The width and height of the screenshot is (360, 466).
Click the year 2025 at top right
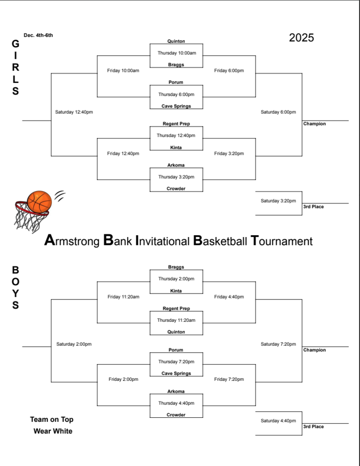click(x=301, y=38)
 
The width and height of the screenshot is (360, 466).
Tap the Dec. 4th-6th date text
click(x=38, y=35)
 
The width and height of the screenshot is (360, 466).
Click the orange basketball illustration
click(x=39, y=202)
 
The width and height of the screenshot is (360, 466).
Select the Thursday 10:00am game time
click(x=177, y=53)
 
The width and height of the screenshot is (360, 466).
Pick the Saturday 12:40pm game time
click(x=74, y=112)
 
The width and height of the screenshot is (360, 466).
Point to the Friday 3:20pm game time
click(x=229, y=154)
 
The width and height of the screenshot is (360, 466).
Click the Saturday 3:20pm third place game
click(x=278, y=201)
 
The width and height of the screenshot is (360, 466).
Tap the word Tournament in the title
click(x=282, y=241)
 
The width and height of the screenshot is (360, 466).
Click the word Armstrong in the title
click(x=71, y=241)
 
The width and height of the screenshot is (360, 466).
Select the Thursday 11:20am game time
click(x=176, y=320)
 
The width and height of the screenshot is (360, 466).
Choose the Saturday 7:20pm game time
click(x=278, y=344)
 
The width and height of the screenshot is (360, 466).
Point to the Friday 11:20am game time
click(x=123, y=297)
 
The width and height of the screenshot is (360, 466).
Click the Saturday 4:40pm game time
click(x=278, y=421)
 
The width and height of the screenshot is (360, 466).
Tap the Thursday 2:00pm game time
click(x=176, y=279)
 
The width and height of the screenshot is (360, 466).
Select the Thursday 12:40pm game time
click(x=176, y=136)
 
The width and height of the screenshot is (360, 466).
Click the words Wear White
click(x=53, y=431)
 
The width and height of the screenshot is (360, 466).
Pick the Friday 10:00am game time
click(x=123, y=71)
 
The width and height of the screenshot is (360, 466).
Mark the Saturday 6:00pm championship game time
click(x=278, y=112)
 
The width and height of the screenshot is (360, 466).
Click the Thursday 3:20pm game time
click(x=176, y=177)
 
